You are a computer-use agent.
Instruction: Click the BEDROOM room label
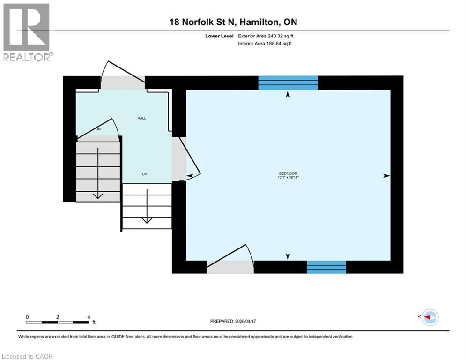point(288,173)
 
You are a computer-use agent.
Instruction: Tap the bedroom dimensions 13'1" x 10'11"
point(288,177)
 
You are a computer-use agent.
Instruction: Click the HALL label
point(141,118)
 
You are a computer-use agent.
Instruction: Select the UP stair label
point(145,174)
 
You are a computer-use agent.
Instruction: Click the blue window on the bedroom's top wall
point(288,82)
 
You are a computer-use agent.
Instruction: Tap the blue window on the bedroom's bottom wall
point(326,267)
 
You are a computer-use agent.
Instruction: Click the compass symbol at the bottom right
point(429,318)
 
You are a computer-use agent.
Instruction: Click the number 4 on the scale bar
point(89,317)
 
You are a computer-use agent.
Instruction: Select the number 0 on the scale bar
point(28,317)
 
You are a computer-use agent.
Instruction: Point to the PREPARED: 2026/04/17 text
point(236,321)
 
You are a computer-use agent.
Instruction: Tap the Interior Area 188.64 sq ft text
point(266,44)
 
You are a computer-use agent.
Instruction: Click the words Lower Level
point(221,36)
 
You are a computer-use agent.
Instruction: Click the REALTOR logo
point(27,32)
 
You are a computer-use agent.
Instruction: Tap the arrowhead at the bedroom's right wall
point(386,176)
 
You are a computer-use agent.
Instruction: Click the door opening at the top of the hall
point(123,82)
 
